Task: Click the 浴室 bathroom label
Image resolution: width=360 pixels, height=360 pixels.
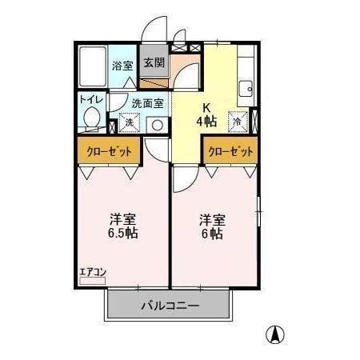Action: [122, 66]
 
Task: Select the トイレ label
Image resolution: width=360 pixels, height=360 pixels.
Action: [90, 100]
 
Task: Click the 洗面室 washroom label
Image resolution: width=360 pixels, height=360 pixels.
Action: [147, 102]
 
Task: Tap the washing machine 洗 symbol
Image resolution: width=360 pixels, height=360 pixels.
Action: [128, 124]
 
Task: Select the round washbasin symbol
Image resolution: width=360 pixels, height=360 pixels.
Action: [158, 125]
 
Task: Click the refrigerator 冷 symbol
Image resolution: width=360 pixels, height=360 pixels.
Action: [238, 122]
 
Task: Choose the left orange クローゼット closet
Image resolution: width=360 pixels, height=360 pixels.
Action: [109, 150]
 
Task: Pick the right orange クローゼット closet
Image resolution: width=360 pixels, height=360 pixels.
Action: [230, 150]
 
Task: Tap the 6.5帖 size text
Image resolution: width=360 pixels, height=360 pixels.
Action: [122, 233]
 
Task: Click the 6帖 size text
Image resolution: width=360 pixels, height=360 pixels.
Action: [212, 233]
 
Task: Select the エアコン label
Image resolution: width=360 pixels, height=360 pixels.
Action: [92, 273]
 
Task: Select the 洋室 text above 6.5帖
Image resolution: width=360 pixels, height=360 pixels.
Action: [122, 218]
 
